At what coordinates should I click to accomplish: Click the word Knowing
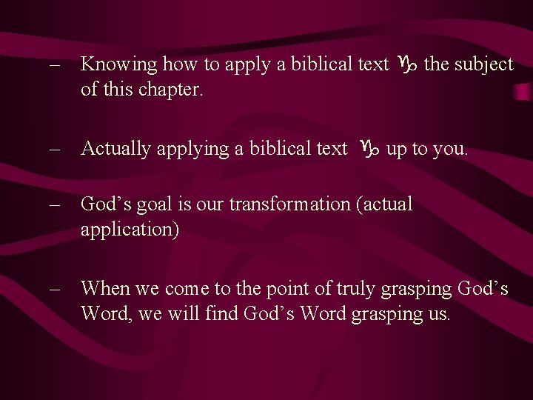pyautogui.click(x=118, y=65)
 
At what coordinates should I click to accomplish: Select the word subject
pyautogui.click(x=483, y=64)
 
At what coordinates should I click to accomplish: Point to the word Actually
pyautogui.click(x=115, y=149)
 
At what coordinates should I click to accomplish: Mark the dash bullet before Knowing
pyautogui.click(x=54, y=65)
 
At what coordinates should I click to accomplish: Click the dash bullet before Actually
pyautogui.click(x=54, y=149)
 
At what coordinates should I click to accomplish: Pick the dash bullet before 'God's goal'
pyautogui.click(x=54, y=204)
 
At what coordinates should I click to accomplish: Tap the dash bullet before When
pyautogui.click(x=54, y=288)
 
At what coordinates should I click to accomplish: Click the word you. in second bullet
pyautogui.click(x=452, y=150)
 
